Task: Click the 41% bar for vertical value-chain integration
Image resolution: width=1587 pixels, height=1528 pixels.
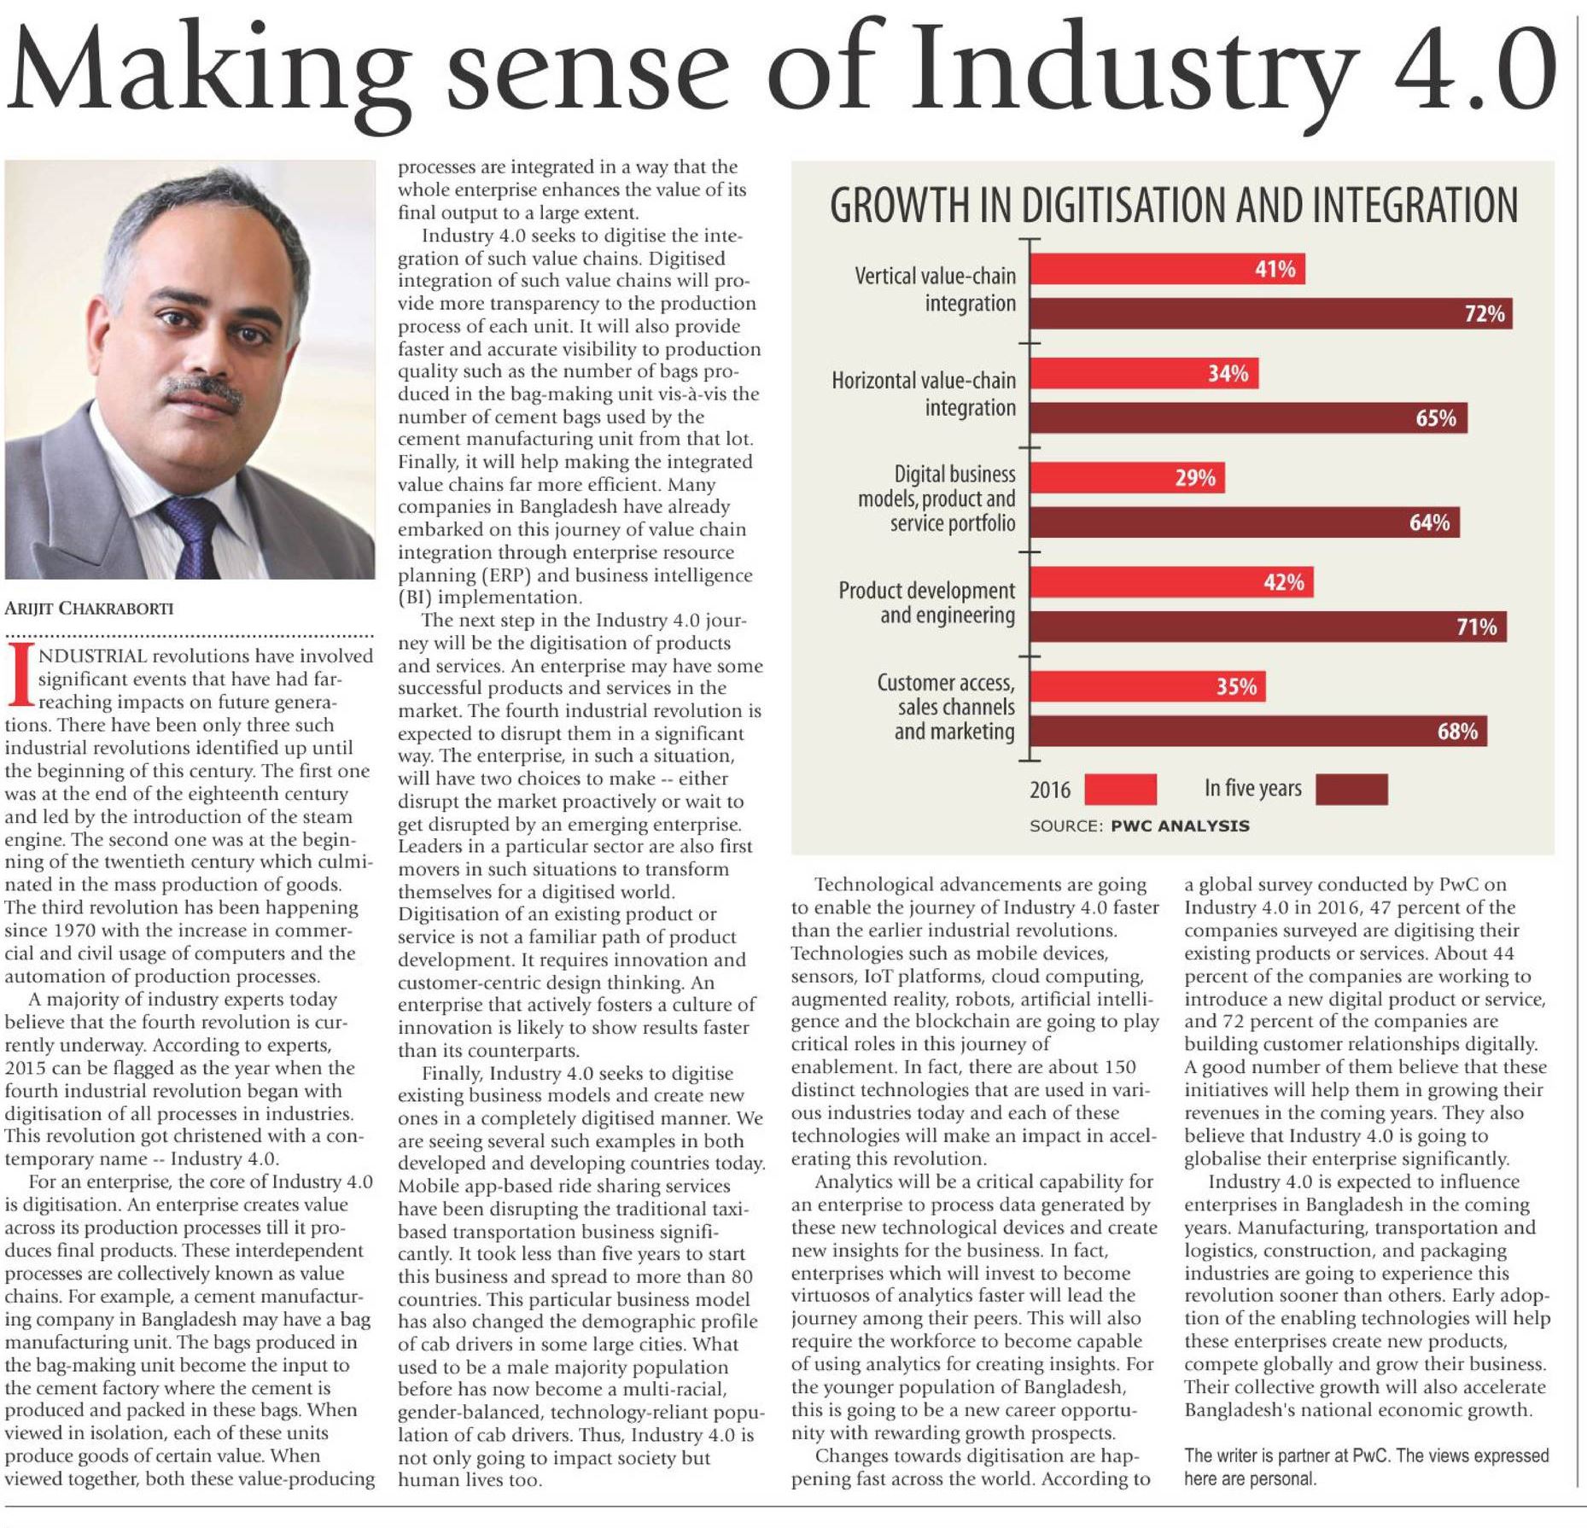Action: click(x=1167, y=270)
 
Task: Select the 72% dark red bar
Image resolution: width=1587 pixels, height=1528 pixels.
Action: click(x=1271, y=314)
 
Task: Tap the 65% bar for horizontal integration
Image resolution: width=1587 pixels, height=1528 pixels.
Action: click(x=1248, y=418)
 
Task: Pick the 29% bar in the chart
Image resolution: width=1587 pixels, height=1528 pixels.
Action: click(x=1128, y=478)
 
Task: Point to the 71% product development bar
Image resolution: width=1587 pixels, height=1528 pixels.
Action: click(x=1269, y=627)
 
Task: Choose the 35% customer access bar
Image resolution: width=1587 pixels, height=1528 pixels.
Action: click(x=1147, y=687)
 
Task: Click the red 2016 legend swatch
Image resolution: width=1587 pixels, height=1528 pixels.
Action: click(x=1120, y=790)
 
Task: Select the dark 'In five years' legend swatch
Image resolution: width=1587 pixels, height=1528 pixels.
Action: click(x=1351, y=790)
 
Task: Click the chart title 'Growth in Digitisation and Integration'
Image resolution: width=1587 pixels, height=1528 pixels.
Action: click(x=1174, y=205)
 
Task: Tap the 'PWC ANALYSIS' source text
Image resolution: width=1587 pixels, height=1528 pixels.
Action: click(x=1180, y=826)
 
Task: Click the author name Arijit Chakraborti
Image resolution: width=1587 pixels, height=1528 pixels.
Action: click(x=89, y=609)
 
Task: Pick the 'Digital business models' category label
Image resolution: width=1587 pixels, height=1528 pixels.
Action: click(x=936, y=499)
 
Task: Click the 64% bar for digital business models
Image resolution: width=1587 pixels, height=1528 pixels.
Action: click(x=1244, y=522)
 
